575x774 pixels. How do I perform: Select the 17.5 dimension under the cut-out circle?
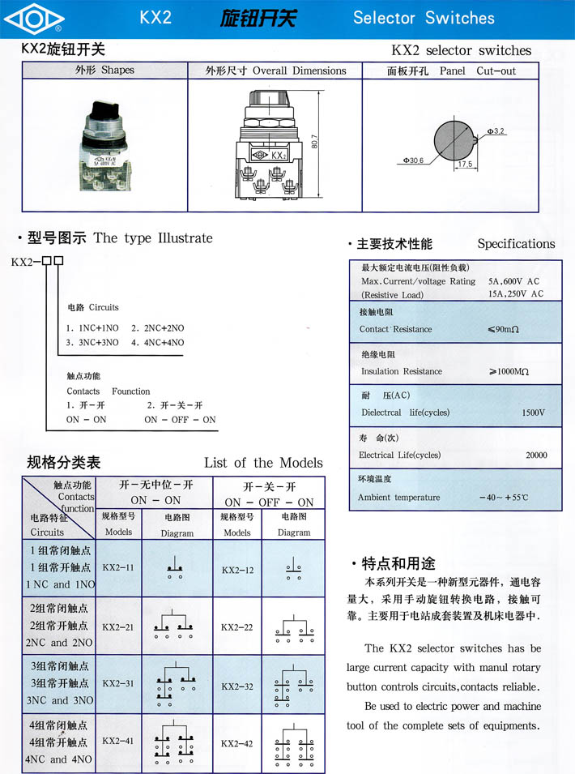[x=465, y=164]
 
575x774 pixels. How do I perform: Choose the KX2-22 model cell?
[x=236, y=627]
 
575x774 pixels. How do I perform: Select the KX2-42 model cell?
[x=236, y=743]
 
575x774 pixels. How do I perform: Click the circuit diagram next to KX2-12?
[x=293, y=569]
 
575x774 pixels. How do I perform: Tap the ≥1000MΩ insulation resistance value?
[x=509, y=371]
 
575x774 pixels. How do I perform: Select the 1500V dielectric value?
[x=533, y=413]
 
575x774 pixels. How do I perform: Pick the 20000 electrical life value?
[x=535, y=455]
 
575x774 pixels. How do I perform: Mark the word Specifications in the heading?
[x=516, y=243]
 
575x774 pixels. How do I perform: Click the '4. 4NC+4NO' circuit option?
[x=158, y=343]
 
